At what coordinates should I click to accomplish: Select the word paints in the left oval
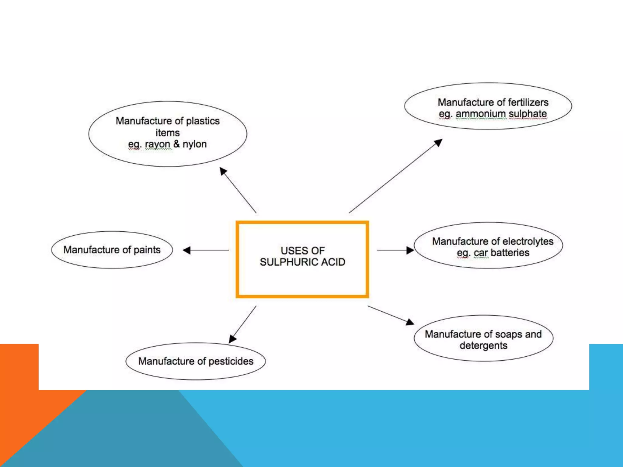pyautogui.click(x=147, y=250)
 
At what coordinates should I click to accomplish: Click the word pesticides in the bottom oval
pyautogui.click(x=231, y=361)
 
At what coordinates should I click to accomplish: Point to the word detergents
pyautogui.click(x=483, y=346)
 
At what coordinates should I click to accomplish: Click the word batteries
pyautogui.click(x=510, y=253)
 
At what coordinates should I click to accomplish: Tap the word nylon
pyautogui.click(x=195, y=144)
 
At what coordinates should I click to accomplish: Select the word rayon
pyautogui.click(x=157, y=144)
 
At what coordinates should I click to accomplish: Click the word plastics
pyautogui.click(x=203, y=121)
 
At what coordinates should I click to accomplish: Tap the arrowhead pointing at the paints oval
pyautogui.click(x=187, y=250)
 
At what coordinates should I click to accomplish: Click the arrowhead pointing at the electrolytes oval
pyautogui.click(x=410, y=250)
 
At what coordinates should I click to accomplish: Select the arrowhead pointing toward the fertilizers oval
pyautogui.click(x=438, y=142)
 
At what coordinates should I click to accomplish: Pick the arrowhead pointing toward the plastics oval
pyautogui.click(x=223, y=171)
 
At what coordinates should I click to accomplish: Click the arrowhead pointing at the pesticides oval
pyautogui.click(x=232, y=339)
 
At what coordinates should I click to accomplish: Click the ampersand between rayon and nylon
pyautogui.click(x=176, y=144)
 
